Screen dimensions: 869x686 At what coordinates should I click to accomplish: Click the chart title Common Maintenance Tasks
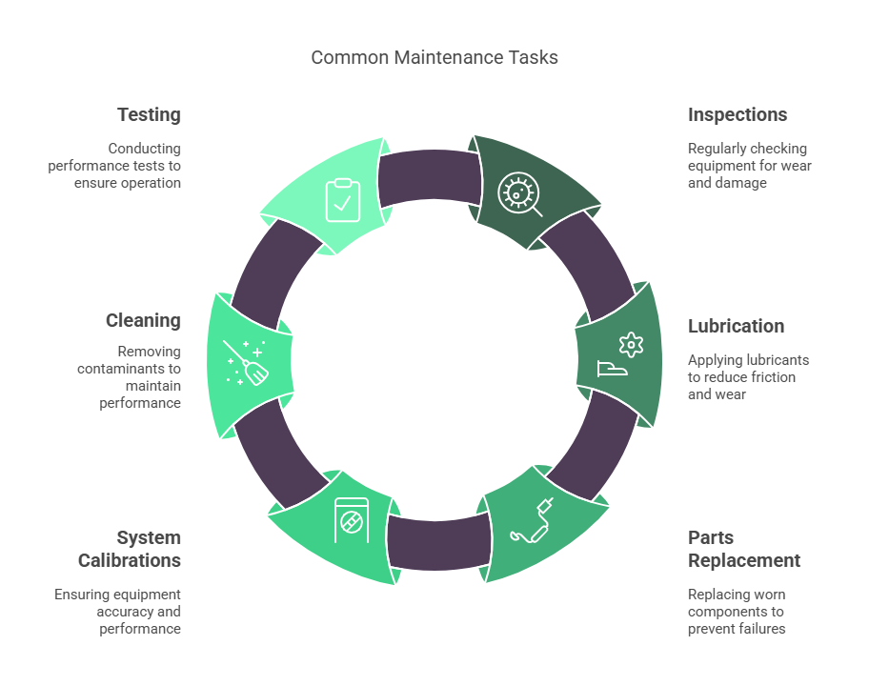pos(434,57)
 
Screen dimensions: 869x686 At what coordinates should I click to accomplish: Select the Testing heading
pos(149,114)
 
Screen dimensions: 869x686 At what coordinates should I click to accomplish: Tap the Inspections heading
pos(738,114)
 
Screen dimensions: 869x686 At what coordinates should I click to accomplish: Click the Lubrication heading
pos(736,326)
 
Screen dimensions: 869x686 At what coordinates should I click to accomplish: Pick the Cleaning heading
pos(143,320)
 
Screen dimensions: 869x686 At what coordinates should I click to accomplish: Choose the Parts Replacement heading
pos(744,549)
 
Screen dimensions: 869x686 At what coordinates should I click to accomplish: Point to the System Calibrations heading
pos(130,549)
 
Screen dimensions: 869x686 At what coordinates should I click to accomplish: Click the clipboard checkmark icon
pos(342,200)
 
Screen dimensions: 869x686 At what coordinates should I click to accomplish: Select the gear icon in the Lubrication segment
pos(631,345)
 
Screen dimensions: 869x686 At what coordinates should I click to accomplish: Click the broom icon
pos(246,362)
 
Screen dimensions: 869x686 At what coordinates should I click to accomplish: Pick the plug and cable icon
pos(532,520)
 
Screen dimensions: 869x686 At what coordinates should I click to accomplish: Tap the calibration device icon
pos(352,520)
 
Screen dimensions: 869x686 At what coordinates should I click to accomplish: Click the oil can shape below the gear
pos(612,369)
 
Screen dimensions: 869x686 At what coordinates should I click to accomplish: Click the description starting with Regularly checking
pos(749,166)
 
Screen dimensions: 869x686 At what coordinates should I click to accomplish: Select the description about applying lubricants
pos(748,376)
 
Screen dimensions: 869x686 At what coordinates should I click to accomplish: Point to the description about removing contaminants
pos(130,376)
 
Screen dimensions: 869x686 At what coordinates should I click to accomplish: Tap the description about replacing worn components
pos(737,611)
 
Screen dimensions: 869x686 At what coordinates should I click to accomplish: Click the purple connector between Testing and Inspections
pos(430,178)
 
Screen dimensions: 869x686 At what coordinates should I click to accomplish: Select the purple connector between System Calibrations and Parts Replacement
pos(438,542)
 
